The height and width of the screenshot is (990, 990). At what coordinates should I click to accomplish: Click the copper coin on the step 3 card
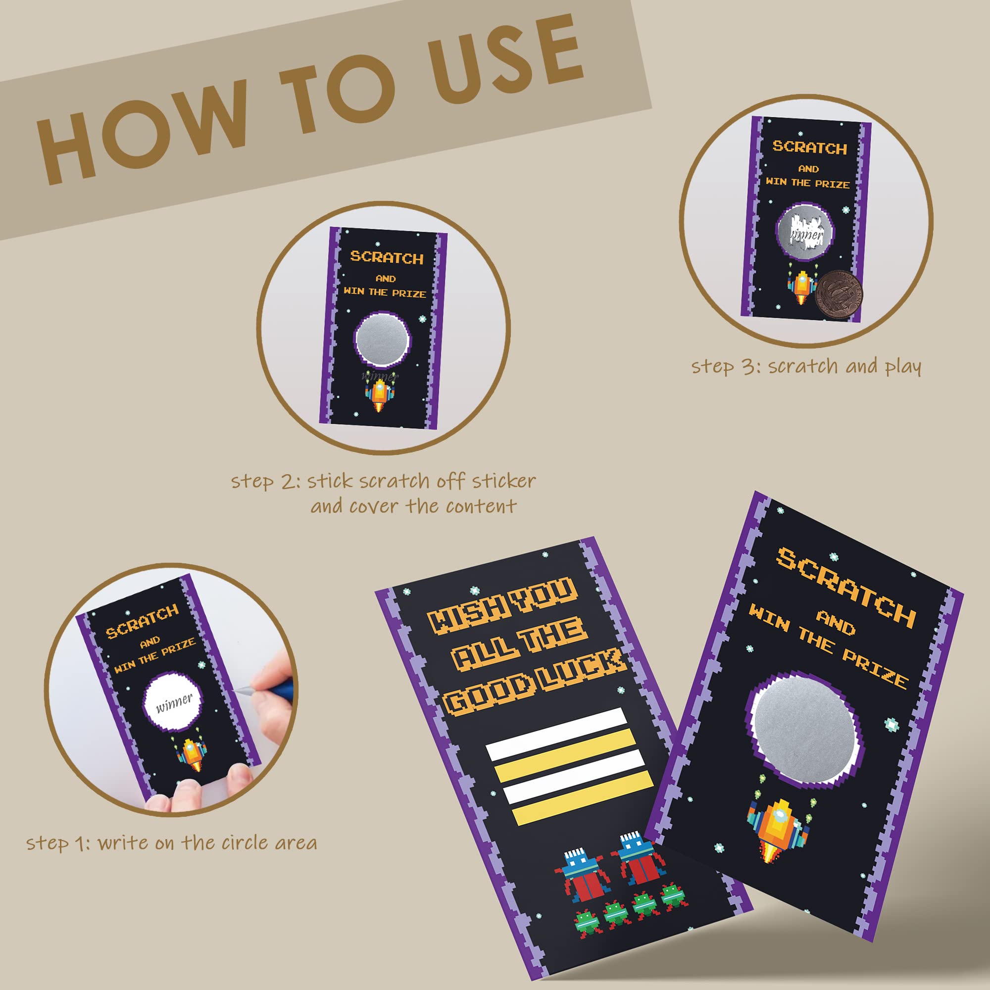tap(839, 295)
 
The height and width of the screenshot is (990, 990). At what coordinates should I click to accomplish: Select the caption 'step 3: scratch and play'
tap(806, 367)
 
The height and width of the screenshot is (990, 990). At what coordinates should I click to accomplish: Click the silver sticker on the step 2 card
tap(383, 340)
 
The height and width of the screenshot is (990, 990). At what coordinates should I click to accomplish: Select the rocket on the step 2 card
tap(380, 395)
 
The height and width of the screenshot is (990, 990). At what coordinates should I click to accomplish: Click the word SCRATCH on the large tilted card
tap(846, 587)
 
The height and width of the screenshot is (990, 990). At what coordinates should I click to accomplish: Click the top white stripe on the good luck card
tap(556, 734)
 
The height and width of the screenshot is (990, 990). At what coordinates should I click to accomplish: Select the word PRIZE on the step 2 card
tap(409, 294)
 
